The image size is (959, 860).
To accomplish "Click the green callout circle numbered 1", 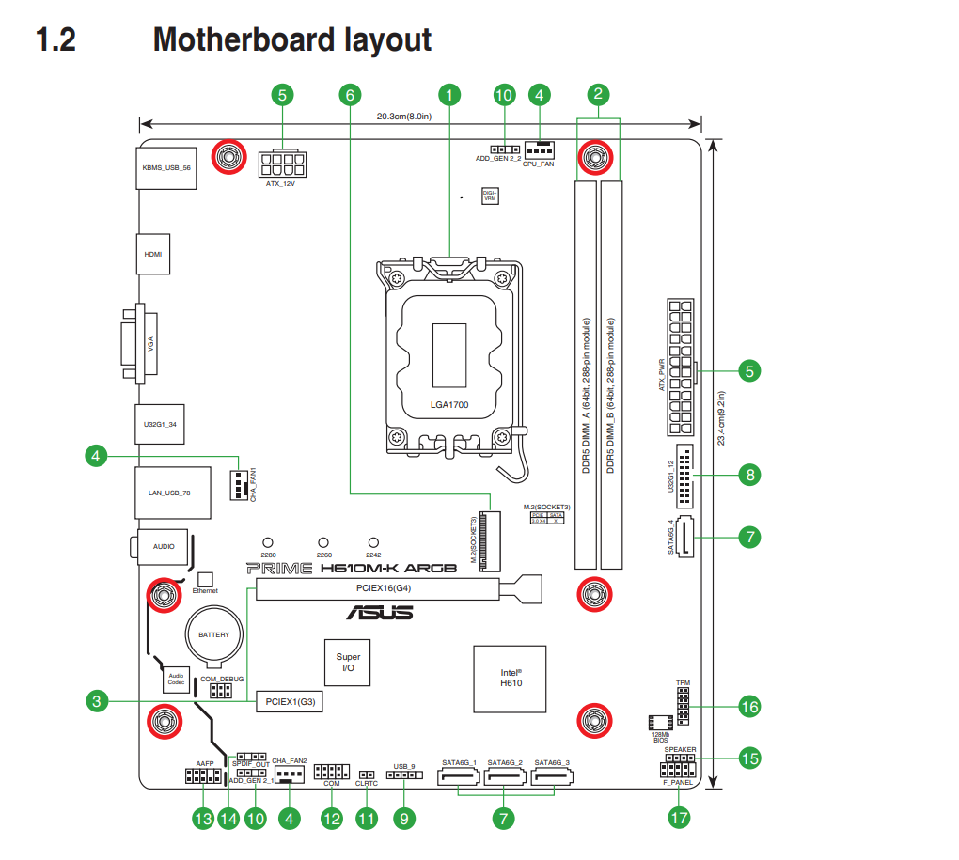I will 450,94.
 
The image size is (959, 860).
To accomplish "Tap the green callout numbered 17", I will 679,818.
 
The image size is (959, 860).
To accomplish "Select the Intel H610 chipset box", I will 511,677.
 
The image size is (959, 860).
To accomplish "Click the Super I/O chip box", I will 348,663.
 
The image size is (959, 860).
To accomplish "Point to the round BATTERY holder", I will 213,636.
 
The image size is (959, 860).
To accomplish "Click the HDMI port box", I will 153,255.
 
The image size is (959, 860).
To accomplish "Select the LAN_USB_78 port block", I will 168,493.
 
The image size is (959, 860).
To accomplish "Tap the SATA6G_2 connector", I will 507,778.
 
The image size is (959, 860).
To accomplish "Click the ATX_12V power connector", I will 281,165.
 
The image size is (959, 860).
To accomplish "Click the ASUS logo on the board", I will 379,613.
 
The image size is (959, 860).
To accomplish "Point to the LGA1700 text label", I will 449,406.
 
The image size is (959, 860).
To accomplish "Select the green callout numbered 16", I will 749,706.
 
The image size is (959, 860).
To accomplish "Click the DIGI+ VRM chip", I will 490,195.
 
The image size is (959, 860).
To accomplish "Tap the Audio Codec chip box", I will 177,679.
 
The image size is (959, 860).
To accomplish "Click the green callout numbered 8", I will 749,475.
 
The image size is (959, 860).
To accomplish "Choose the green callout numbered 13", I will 203,819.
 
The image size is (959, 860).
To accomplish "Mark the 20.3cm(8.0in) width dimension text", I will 403,117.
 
